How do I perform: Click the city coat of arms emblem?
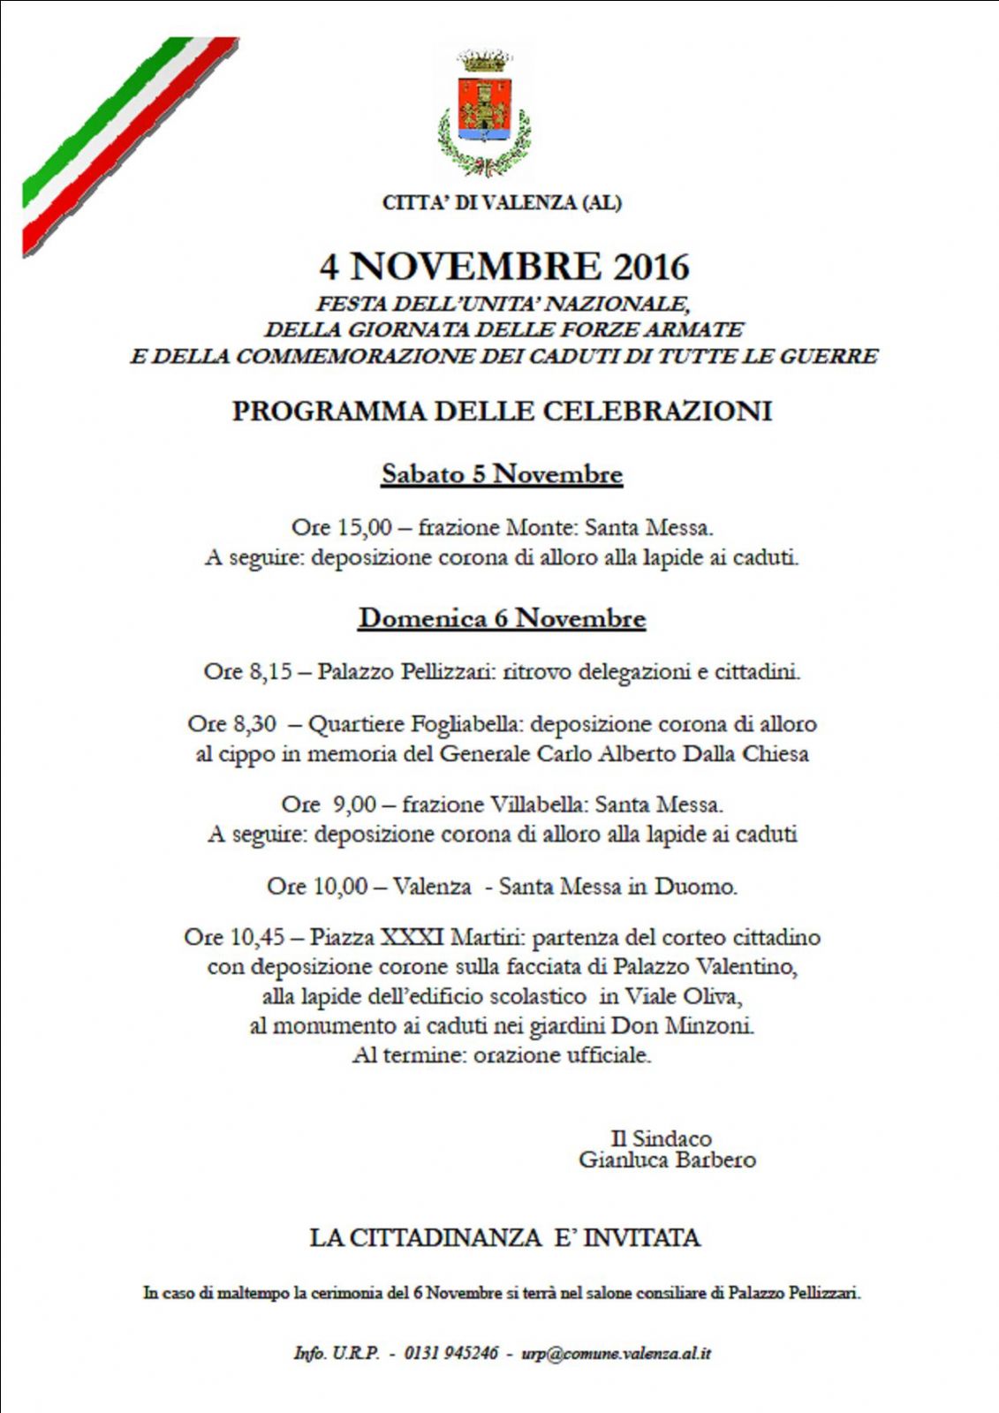[484, 111]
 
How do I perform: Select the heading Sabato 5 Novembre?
[502, 474]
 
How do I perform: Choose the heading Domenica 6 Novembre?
[502, 618]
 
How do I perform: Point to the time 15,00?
[365, 528]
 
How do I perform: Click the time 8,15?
[270, 672]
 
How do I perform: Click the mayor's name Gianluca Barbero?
[667, 1160]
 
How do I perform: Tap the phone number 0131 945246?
[451, 1353]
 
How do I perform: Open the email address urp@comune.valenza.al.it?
[617, 1353]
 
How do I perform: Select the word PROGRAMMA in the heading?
[328, 412]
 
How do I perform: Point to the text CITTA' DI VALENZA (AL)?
[502, 203]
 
